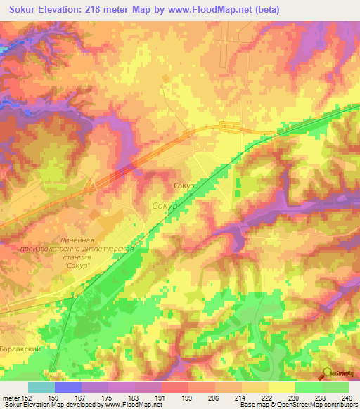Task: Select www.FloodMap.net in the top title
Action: [x=201, y=10]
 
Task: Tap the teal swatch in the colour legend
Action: [x=41, y=387]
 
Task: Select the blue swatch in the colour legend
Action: [x=68, y=387]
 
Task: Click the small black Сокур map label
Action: [x=184, y=186]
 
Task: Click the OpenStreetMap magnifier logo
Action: [x=327, y=373]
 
